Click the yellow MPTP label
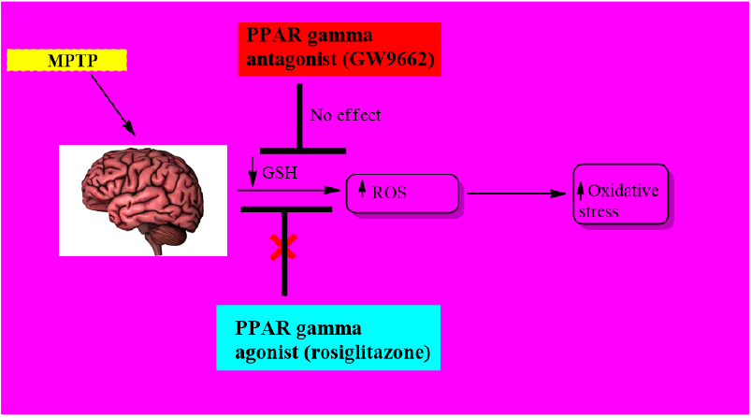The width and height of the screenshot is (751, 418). coord(65,61)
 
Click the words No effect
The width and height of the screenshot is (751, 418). coord(346,116)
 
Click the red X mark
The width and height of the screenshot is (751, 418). coord(282,247)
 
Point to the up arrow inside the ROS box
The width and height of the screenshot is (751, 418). coord(362,192)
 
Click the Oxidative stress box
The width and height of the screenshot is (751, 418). coord(620,194)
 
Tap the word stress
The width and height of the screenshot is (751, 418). coord(599,211)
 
